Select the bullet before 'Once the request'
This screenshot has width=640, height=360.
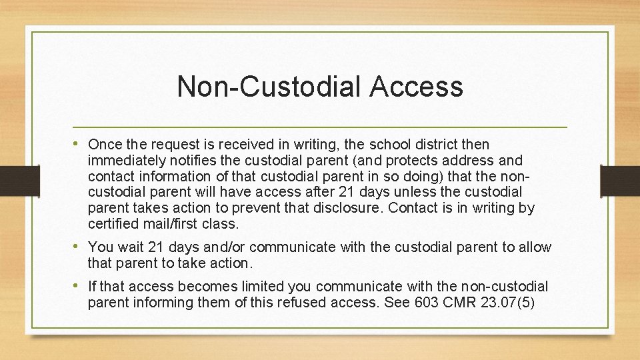(79, 144)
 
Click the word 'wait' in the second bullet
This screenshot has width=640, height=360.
(129, 247)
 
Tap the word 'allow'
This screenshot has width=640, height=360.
(535, 247)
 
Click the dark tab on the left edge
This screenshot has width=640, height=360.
(9, 181)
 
